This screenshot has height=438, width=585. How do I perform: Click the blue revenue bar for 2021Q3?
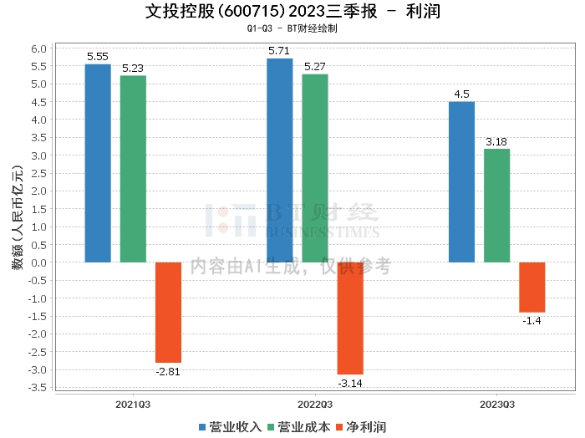pyautogui.click(x=98, y=163)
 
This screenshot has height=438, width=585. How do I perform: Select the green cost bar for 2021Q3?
pyautogui.click(x=133, y=169)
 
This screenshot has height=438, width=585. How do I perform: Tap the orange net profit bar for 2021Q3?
pyautogui.click(x=168, y=312)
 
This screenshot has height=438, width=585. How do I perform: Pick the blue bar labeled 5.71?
pyautogui.click(x=280, y=160)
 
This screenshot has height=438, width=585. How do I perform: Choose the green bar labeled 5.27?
pyautogui.click(x=315, y=168)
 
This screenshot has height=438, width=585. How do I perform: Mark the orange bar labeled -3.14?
pyautogui.click(x=350, y=318)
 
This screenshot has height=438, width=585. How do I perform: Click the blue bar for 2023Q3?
pyautogui.click(x=461, y=182)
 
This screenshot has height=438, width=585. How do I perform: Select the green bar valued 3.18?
pyautogui.click(x=496, y=206)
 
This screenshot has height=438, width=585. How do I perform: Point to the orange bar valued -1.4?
pyautogui.click(x=532, y=287)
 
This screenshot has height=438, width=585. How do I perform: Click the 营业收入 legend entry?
pyautogui.click(x=230, y=427)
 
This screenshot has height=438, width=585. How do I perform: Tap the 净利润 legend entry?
pyautogui.click(x=360, y=427)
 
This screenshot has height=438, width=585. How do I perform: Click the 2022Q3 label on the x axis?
pyautogui.click(x=315, y=404)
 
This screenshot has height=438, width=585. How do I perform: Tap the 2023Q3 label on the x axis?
pyautogui.click(x=496, y=404)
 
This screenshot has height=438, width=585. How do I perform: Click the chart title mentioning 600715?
pyautogui.click(x=292, y=12)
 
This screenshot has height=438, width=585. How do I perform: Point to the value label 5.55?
pyautogui.click(x=98, y=57)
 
